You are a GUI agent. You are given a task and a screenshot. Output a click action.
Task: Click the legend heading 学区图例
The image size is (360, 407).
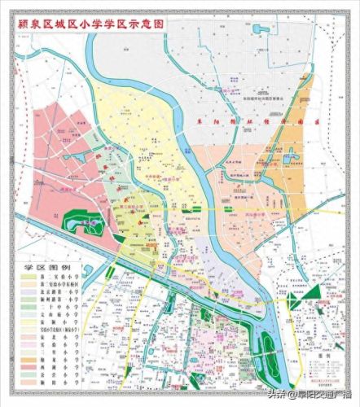39,267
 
